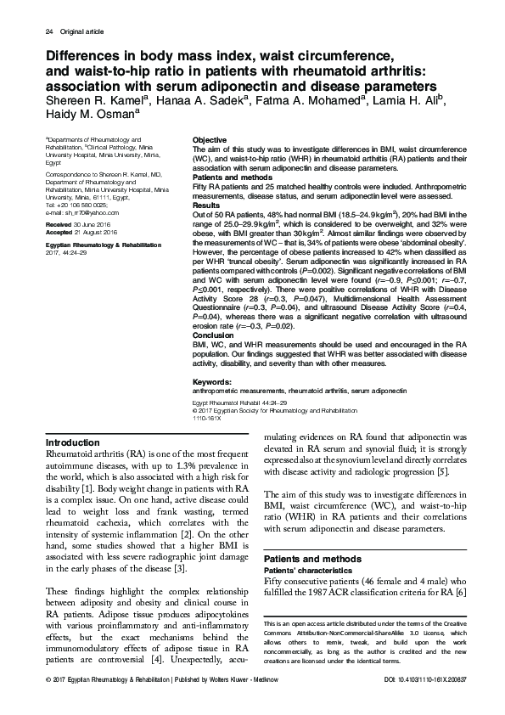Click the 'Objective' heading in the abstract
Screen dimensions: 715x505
pos(210,139)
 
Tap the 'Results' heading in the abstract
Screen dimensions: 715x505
pos(206,205)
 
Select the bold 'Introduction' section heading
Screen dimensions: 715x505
pos(72,442)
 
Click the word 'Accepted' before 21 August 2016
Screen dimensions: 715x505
pos(59,230)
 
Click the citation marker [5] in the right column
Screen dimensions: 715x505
pos(453,472)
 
